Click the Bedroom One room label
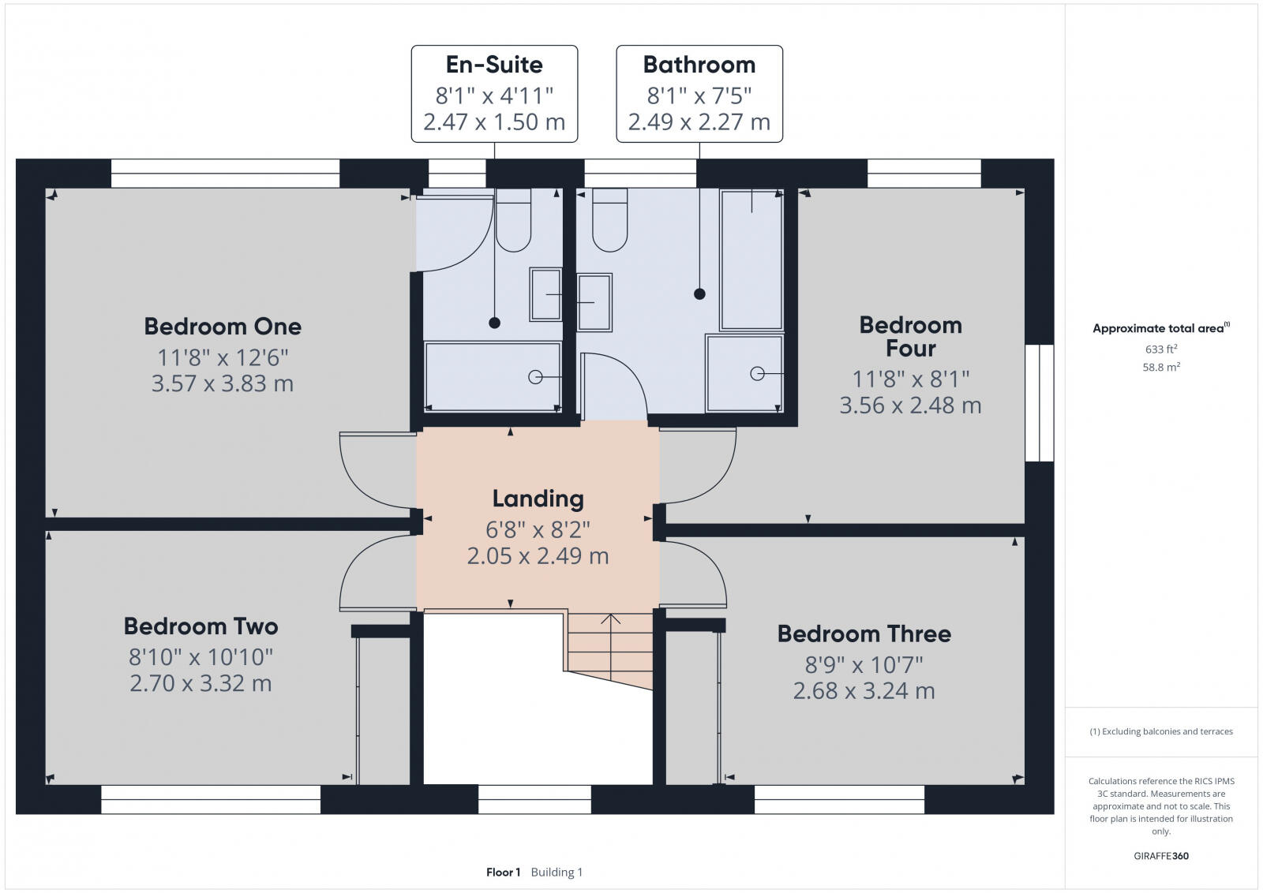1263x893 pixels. (223, 327)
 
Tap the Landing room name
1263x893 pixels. (538, 499)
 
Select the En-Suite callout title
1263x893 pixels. (494, 65)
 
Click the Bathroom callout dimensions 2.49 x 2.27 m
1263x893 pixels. (699, 122)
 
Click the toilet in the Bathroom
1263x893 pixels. (609, 223)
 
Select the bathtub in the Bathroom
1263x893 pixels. (751, 260)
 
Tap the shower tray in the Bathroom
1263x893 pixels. (744, 373)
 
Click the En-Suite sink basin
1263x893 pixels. (545, 294)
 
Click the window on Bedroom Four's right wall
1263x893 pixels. (1040, 403)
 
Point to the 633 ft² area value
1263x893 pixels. (1160, 349)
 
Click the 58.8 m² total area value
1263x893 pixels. (1160, 367)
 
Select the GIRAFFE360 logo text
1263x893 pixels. (1160, 856)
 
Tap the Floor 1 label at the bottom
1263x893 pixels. (503, 872)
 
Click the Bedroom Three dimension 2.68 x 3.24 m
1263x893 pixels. (864, 691)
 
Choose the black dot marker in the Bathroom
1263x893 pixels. (699, 294)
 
